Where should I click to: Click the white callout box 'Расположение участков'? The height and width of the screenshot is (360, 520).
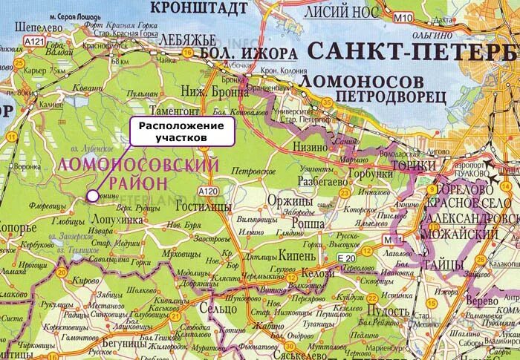[182, 131]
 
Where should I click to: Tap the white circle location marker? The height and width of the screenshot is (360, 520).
[91, 195]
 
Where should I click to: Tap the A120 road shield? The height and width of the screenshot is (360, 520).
[209, 192]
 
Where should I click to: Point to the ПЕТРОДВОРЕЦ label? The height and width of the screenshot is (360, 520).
[390, 96]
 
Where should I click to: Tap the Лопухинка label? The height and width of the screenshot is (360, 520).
[116, 220]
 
